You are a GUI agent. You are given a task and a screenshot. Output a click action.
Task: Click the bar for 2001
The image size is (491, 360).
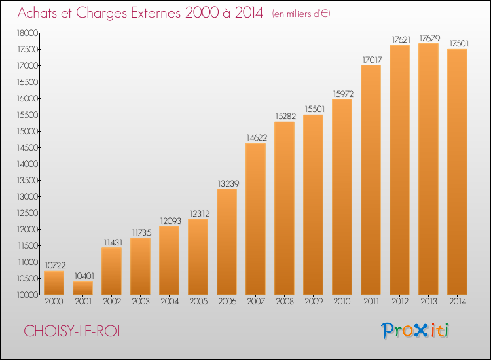pos(82,288)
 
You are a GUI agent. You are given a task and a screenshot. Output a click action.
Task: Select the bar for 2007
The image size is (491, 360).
pos(255,219)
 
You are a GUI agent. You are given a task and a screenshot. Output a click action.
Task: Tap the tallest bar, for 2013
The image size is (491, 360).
pos(428,169)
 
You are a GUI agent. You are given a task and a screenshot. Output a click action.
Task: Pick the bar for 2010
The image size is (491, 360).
pos(342,196)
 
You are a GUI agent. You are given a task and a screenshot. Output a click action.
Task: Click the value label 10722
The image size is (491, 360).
pos(55,266)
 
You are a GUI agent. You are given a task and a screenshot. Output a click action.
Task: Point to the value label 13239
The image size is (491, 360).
pos(228,183)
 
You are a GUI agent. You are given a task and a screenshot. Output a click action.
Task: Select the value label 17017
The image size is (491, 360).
pos(373,60)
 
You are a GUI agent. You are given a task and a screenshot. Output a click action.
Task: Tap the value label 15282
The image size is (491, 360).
pos(285,116)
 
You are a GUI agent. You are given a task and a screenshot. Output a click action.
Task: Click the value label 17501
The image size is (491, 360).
pos(459,43)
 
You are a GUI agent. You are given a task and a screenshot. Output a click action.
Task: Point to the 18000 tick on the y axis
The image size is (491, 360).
pos(27,33)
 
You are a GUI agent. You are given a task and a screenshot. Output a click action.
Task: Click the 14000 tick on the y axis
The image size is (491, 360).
pos(27,164)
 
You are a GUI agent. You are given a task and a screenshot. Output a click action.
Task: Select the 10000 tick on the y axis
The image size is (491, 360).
pos(27,295)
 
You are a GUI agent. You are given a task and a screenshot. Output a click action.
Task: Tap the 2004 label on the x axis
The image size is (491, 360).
pos(170,302)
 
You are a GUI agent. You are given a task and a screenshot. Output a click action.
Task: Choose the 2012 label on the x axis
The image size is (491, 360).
pos(400,302)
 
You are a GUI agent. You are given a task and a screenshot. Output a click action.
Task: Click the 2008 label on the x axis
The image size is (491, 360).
pos(285,302)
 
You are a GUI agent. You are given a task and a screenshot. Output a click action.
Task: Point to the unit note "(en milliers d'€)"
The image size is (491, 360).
pos(301,14)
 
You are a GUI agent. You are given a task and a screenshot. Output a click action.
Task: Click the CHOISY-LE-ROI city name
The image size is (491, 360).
pos(72,331)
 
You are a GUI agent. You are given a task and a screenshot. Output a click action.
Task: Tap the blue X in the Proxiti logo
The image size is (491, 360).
pos(420,331)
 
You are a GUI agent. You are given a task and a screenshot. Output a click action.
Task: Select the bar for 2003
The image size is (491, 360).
pos(140,266)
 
